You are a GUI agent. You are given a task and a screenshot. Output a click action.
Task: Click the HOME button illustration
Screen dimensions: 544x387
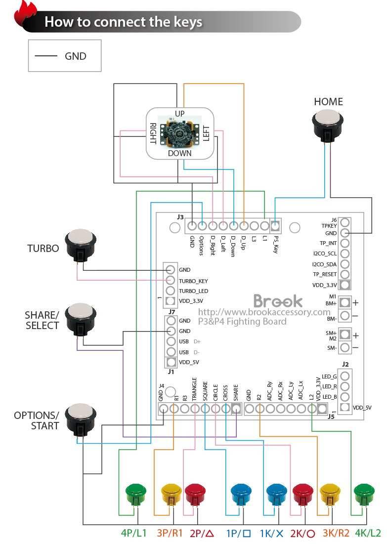click(x=328, y=126)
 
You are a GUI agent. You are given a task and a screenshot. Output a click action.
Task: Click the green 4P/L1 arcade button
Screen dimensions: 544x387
click(x=136, y=493)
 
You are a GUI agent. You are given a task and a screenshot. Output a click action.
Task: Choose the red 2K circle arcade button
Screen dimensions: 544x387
click(x=302, y=493)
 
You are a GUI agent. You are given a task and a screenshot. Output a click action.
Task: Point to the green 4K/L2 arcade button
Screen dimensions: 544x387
click(x=365, y=493)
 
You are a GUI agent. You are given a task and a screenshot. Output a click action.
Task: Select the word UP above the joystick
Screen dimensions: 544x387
click(x=180, y=114)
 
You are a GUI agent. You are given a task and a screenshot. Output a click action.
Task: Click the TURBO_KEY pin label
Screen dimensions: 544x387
click(x=193, y=281)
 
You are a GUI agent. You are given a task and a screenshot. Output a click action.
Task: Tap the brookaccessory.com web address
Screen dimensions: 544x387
click(x=264, y=312)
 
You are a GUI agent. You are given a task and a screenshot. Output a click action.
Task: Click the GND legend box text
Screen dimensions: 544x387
click(x=75, y=56)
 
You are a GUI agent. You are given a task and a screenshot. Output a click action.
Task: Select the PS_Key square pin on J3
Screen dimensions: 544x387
click(x=275, y=226)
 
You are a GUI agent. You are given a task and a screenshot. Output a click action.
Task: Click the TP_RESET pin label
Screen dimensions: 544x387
click(x=325, y=274)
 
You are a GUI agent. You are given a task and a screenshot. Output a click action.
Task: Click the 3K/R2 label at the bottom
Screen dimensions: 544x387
click(x=336, y=534)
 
